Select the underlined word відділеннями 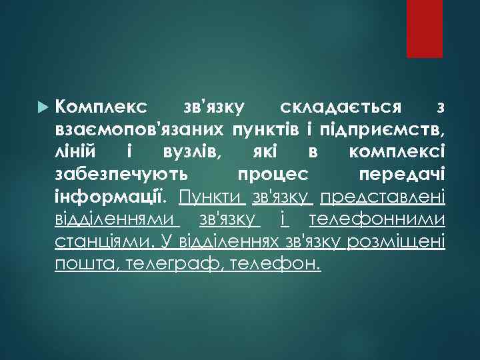tap(117, 219)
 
